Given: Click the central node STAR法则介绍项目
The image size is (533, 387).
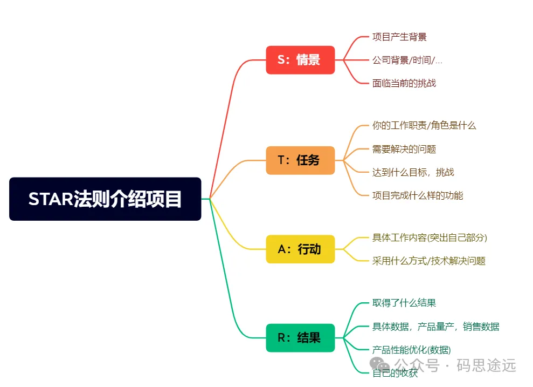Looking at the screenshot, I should (x=105, y=199).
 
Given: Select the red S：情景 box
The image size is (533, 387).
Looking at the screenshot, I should (x=300, y=60).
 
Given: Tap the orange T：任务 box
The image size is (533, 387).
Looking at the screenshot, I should (x=300, y=160).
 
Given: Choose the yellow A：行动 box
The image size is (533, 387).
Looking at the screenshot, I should (x=300, y=249).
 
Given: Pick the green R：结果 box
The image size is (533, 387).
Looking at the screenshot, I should (x=300, y=338).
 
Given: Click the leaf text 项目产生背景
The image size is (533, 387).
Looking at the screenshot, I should (x=399, y=37).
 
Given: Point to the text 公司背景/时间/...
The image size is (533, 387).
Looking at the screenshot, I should (x=407, y=60).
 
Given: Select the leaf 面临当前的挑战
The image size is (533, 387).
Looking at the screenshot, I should (x=404, y=83).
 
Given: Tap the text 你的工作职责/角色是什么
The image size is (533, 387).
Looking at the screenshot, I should (x=424, y=125).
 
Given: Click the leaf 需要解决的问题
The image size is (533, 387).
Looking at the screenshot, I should (x=404, y=149).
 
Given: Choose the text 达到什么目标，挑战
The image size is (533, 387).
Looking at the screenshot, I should (x=413, y=172).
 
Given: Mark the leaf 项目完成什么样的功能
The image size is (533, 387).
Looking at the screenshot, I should (x=418, y=195).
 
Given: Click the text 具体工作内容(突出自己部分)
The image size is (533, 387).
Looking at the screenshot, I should (x=430, y=237).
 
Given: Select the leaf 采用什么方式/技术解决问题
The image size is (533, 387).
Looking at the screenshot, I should (x=429, y=261).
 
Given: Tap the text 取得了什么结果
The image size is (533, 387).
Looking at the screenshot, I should (x=404, y=303).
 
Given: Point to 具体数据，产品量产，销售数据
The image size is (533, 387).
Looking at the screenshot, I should (x=436, y=327).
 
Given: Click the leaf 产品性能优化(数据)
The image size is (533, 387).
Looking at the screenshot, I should (x=412, y=350).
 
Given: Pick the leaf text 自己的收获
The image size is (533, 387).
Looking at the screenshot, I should (x=395, y=373).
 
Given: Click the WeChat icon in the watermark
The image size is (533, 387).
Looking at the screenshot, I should (x=380, y=364).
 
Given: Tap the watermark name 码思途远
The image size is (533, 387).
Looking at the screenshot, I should (x=486, y=365).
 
